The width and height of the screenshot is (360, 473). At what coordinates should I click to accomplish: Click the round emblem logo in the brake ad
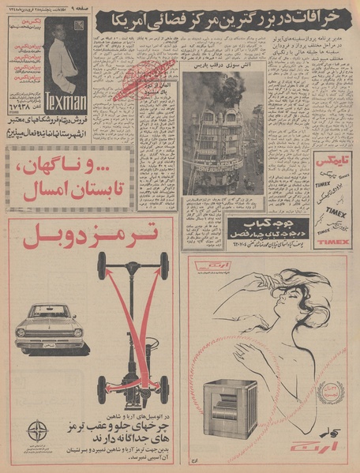click(x=37, y=432)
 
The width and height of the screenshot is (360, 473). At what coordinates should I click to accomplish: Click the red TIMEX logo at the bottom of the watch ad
click(x=337, y=241)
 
